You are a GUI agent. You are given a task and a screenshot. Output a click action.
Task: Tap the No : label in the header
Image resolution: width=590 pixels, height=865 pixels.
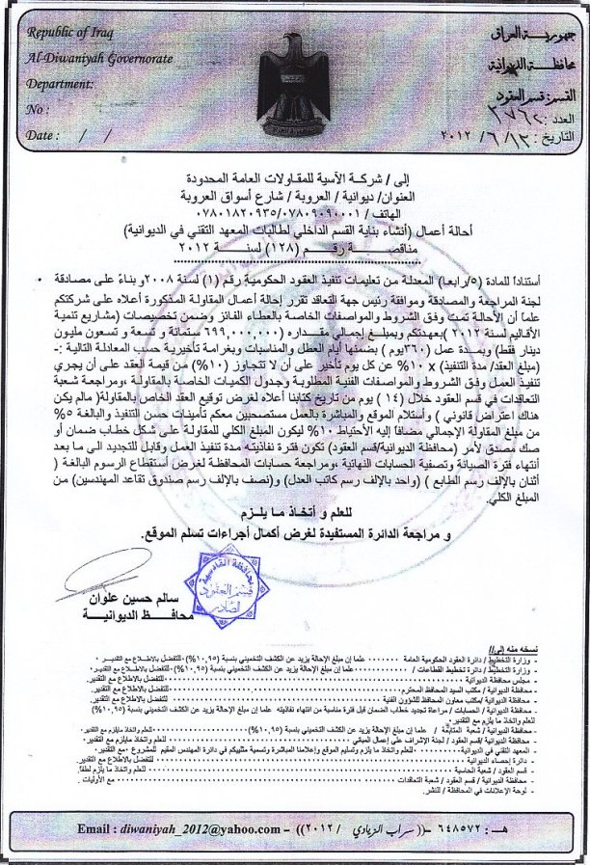pos(40,109)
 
